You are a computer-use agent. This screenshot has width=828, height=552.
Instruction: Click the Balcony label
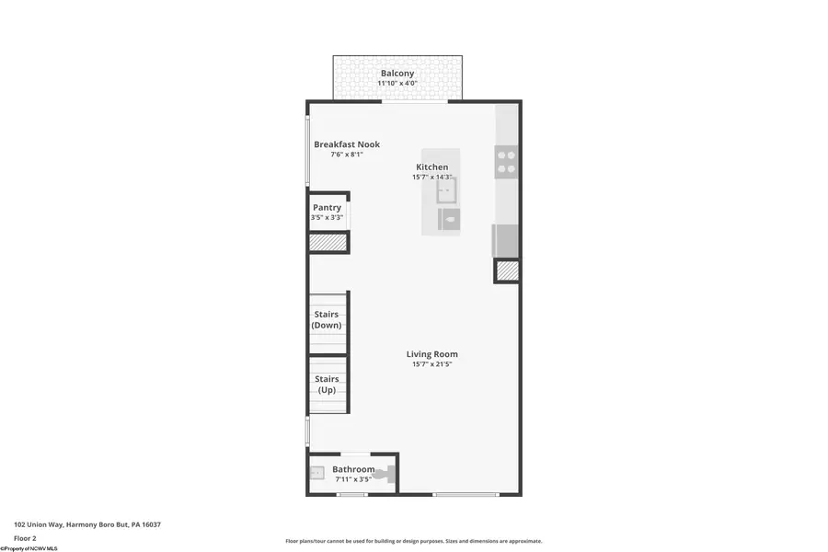click(x=397, y=73)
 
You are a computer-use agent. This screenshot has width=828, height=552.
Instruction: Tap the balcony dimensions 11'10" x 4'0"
click(x=397, y=84)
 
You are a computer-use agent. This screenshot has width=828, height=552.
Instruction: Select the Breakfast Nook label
click(x=347, y=144)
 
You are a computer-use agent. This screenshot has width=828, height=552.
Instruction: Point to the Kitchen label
click(x=431, y=167)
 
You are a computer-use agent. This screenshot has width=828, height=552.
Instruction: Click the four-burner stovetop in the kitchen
click(x=507, y=163)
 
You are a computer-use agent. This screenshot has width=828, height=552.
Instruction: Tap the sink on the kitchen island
click(x=446, y=190)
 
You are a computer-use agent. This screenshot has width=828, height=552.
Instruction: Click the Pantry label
click(x=327, y=208)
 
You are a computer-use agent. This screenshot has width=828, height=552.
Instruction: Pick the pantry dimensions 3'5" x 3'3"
click(x=327, y=218)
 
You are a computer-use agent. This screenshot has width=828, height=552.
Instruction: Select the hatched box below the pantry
click(x=328, y=243)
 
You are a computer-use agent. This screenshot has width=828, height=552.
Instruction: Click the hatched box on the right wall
click(x=508, y=270)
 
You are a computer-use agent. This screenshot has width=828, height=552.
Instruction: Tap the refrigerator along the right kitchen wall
click(x=507, y=240)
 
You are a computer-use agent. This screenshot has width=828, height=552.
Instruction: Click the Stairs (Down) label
click(x=327, y=320)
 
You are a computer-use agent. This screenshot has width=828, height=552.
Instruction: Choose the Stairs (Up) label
click(x=327, y=385)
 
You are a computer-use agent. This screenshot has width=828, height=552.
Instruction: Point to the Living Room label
click(x=432, y=354)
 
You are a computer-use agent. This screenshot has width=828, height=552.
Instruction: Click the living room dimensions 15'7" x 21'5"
click(x=432, y=364)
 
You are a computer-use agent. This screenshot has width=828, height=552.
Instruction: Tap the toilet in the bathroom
click(x=385, y=475)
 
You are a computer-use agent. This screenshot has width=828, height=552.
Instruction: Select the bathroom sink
click(x=316, y=473)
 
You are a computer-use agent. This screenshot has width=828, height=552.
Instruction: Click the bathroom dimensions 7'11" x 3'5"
click(x=353, y=480)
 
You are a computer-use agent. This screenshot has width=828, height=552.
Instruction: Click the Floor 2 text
click(x=25, y=537)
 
